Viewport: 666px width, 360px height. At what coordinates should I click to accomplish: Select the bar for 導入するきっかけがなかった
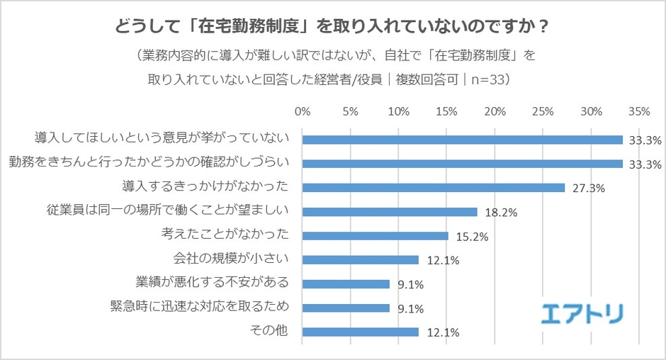coord(434,188)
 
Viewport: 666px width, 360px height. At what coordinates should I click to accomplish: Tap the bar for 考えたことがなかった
coord(376,236)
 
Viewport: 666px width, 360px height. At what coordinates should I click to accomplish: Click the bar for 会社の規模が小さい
coord(361,260)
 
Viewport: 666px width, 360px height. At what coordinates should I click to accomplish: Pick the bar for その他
coord(361,332)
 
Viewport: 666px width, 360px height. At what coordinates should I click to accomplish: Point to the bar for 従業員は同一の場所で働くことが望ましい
coord(390,212)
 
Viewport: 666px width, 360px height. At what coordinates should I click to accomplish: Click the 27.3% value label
coord(583,189)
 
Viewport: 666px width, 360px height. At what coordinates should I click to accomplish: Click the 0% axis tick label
coord(303,111)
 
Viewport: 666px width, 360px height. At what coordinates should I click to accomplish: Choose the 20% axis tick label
coord(495,111)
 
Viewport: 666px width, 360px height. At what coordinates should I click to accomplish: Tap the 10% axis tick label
coord(398,111)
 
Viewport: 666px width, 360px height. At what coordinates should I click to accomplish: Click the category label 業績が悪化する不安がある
coord(213,283)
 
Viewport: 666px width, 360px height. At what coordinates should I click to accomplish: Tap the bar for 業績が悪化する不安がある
coord(346,284)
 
